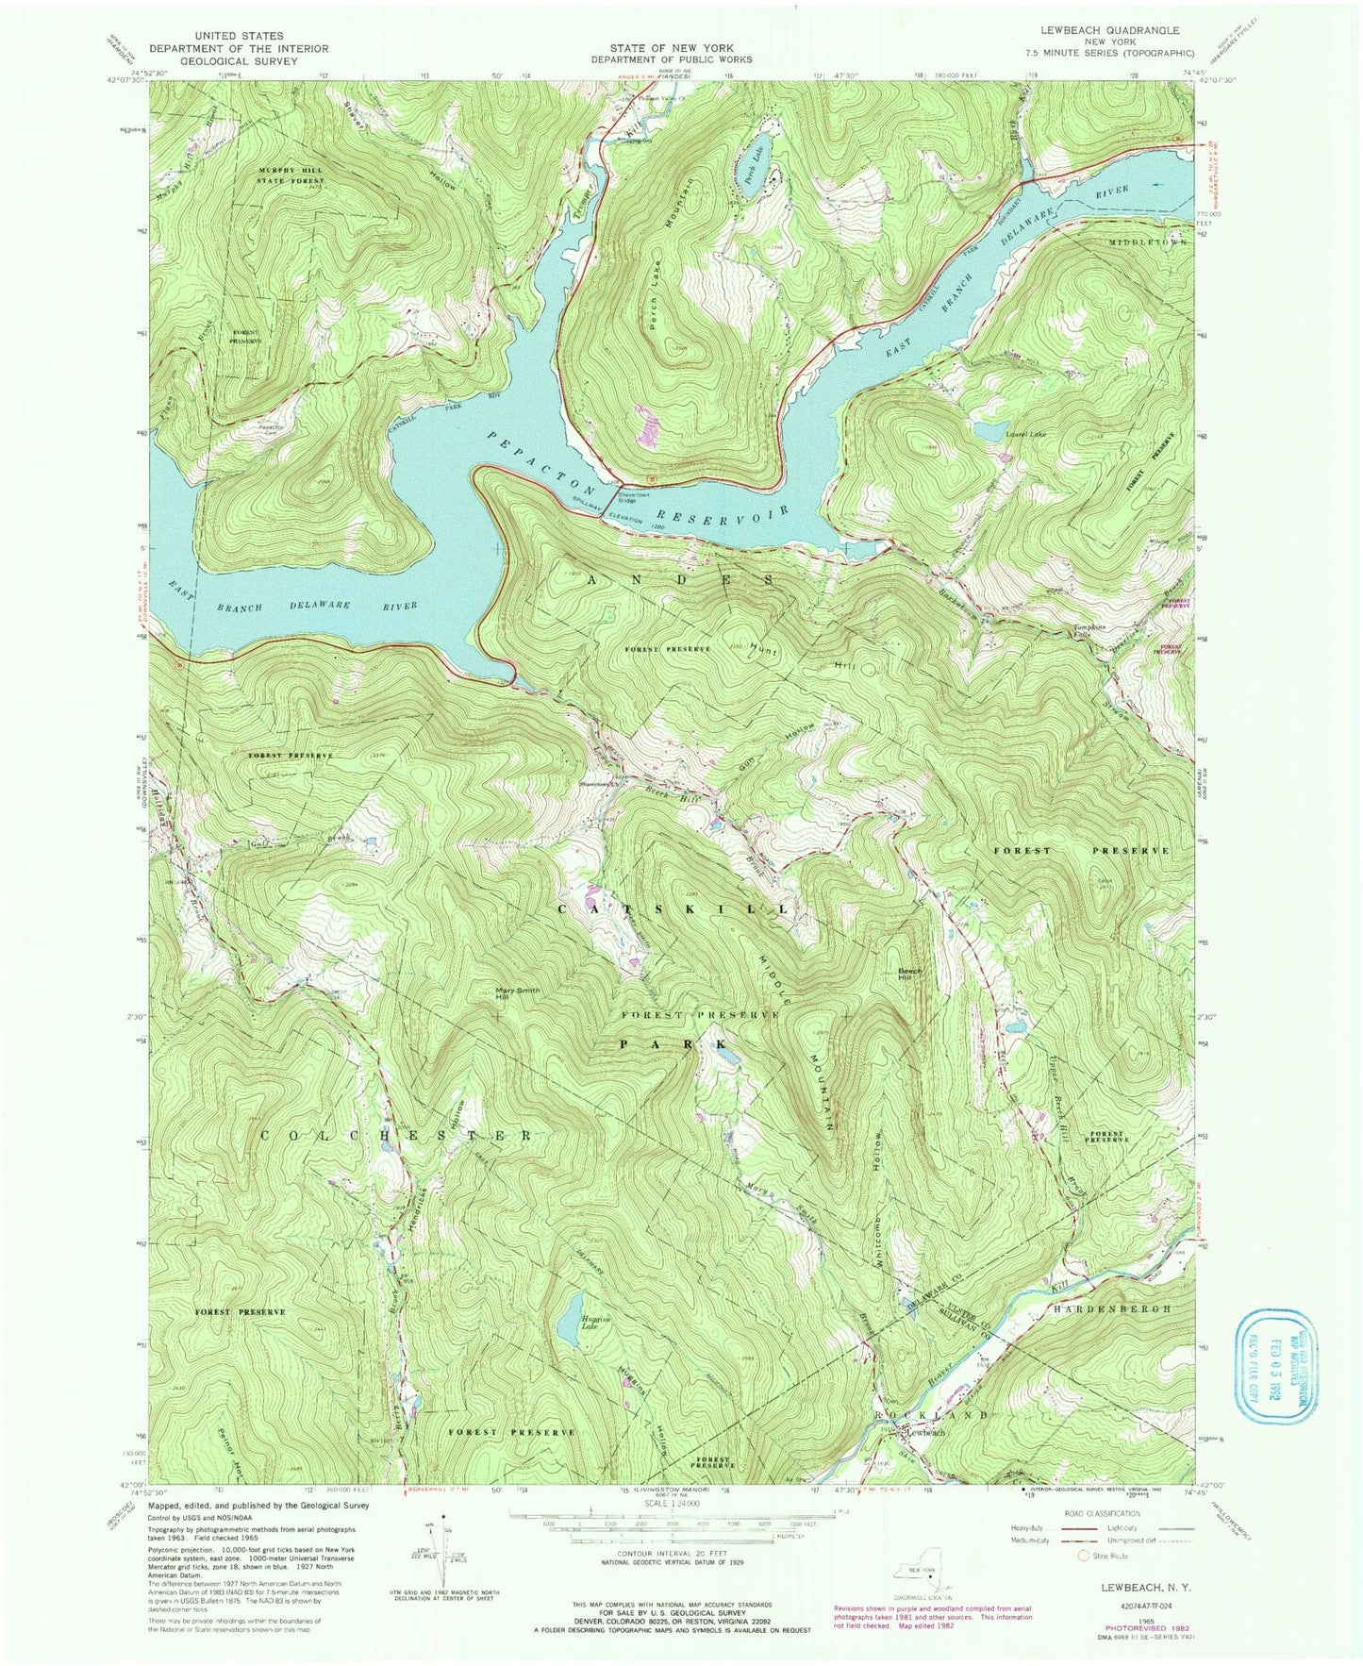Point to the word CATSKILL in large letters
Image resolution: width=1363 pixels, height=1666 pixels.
point(674,908)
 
